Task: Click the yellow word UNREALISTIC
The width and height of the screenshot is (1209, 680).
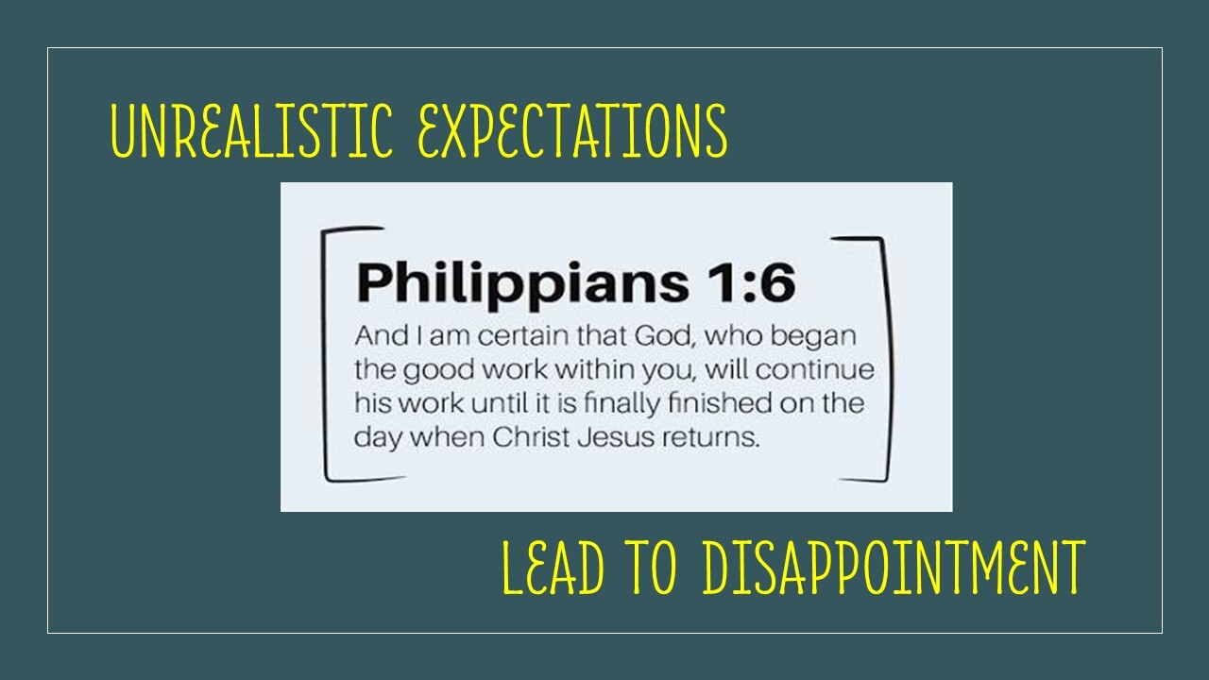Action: (x=251, y=130)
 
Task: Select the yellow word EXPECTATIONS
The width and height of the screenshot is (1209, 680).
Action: (x=572, y=130)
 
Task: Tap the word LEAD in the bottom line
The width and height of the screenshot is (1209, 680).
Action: (x=553, y=567)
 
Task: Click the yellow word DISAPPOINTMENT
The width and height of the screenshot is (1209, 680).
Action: (x=894, y=567)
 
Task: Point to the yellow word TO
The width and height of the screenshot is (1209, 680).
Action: (x=652, y=567)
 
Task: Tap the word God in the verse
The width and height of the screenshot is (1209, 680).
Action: (x=663, y=336)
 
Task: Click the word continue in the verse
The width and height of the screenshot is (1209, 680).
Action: (x=814, y=370)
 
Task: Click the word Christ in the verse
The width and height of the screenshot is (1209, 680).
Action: (x=531, y=437)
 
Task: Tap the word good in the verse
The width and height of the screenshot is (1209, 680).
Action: (x=439, y=371)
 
